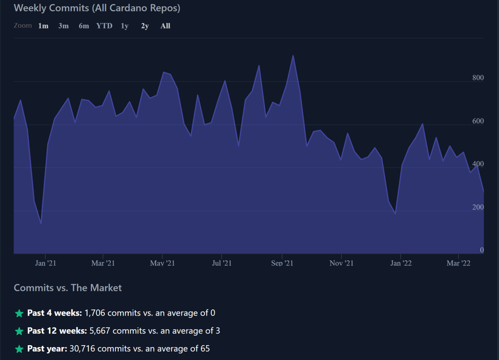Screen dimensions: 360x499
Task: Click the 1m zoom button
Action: click(43, 26)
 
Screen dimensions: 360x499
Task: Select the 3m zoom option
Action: click(64, 26)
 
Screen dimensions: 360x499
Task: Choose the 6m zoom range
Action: click(84, 26)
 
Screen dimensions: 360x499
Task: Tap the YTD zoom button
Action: click(104, 26)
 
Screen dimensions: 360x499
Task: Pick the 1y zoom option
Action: click(124, 26)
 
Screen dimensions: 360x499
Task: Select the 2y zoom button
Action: click(145, 26)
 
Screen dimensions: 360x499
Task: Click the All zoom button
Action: click(165, 26)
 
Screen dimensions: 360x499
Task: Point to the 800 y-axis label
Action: click(478, 78)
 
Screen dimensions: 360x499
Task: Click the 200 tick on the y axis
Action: click(478, 207)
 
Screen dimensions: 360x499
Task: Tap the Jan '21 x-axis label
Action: click(46, 263)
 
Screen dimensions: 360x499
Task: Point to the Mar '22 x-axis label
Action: click(458, 263)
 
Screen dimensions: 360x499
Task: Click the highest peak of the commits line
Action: click(293, 55)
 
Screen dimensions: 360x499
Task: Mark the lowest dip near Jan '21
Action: click(41, 224)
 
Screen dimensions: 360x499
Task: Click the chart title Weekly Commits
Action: click(97, 8)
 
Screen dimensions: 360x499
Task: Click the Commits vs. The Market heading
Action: click(68, 288)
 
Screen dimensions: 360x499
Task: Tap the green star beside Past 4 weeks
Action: click(19, 313)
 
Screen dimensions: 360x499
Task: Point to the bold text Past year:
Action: click(47, 348)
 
